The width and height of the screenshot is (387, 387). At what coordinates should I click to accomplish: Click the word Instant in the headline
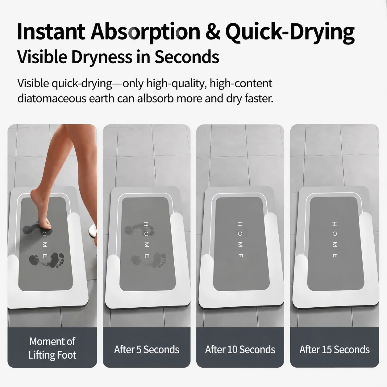[x=51, y=32]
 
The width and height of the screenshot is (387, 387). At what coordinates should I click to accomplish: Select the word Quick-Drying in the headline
[x=290, y=33]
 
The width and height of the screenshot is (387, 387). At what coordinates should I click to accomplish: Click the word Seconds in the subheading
[x=187, y=57]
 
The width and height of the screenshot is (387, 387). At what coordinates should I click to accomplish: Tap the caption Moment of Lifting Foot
[x=52, y=348]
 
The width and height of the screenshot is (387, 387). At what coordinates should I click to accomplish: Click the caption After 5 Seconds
[x=147, y=349]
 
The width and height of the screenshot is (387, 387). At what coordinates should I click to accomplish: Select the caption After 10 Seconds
[x=240, y=349]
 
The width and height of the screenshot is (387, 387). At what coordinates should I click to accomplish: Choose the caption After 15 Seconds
[x=335, y=349]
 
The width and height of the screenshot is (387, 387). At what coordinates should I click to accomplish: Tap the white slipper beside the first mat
[x=93, y=231]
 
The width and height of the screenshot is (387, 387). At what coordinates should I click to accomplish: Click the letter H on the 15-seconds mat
[x=335, y=223]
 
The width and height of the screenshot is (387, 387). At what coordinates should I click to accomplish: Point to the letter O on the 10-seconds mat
[x=240, y=234]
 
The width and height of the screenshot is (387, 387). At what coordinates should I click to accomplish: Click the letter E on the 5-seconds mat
[x=147, y=256]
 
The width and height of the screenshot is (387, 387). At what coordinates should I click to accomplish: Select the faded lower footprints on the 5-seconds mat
[x=149, y=260]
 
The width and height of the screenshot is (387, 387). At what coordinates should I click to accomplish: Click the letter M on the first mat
[x=44, y=245]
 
